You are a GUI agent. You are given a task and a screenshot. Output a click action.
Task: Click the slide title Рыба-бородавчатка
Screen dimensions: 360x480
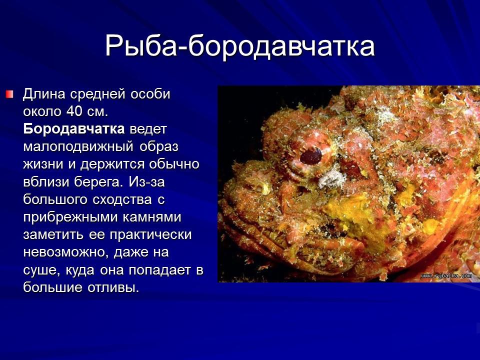click(240, 46)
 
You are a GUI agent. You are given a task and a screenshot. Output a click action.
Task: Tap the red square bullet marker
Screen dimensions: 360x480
click(10, 94)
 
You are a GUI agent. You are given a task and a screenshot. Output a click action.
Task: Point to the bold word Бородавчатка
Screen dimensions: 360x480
click(74, 129)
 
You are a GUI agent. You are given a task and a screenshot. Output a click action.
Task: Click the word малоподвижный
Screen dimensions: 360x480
click(77, 147)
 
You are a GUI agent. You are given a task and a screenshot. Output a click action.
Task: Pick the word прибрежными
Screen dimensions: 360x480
click(68, 217)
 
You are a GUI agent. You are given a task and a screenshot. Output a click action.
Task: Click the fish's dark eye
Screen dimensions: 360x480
click(310, 156)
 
